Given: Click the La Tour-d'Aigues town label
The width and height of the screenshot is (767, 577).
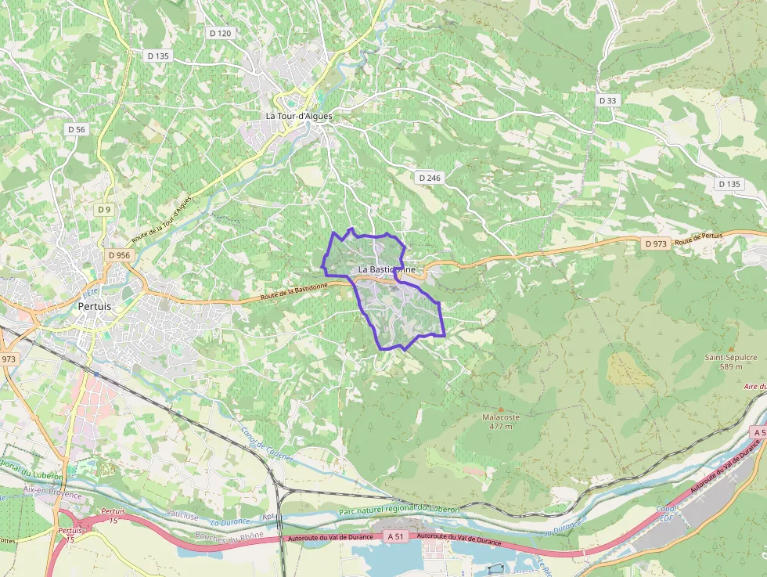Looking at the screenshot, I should pyautogui.click(x=299, y=116).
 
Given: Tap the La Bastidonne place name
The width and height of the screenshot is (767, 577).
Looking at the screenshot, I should pyautogui.click(x=387, y=269).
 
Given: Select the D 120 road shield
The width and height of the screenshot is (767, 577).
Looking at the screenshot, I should pyautogui.click(x=221, y=33).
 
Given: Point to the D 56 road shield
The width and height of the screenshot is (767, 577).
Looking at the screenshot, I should pyautogui.click(x=76, y=129).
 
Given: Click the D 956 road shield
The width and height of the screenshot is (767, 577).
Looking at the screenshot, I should pyautogui.click(x=119, y=255).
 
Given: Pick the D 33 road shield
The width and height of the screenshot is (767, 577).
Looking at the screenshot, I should pyautogui.click(x=607, y=100).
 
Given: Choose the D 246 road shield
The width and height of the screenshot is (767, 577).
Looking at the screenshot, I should pyautogui.click(x=430, y=178).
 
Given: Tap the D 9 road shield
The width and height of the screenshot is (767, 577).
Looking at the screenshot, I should pyautogui.click(x=104, y=209).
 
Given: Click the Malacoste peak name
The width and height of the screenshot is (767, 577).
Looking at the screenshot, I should pyautogui.click(x=501, y=417).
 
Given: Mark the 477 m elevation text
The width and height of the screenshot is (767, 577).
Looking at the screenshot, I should pyautogui.click(x=501, y=427).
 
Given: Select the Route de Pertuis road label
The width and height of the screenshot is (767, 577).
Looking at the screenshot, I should pyautogui.click(x=700, y=238).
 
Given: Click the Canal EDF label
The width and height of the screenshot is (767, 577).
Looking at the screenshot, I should pyautogui.click(x=667, y=513).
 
